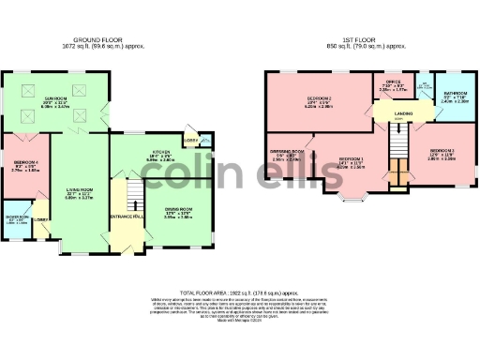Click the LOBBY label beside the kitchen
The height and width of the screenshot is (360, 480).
coord(191,142)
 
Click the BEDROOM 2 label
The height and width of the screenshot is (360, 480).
coord(320,98)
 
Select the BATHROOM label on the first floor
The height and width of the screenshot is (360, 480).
coord(456,94)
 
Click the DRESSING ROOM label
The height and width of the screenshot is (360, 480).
coord(286,151)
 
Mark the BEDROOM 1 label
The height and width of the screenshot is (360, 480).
coord(351,160)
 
